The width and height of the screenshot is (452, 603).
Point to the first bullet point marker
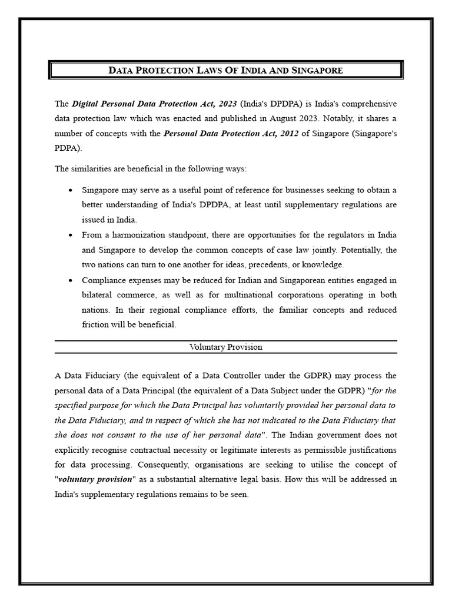point(71,190)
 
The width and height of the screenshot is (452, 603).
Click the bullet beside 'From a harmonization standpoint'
point(71,235)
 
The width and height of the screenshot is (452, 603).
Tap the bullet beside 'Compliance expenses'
point(71,280)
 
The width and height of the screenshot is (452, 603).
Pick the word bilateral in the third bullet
point(97,295)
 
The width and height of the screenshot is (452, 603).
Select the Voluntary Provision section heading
point(225,347)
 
